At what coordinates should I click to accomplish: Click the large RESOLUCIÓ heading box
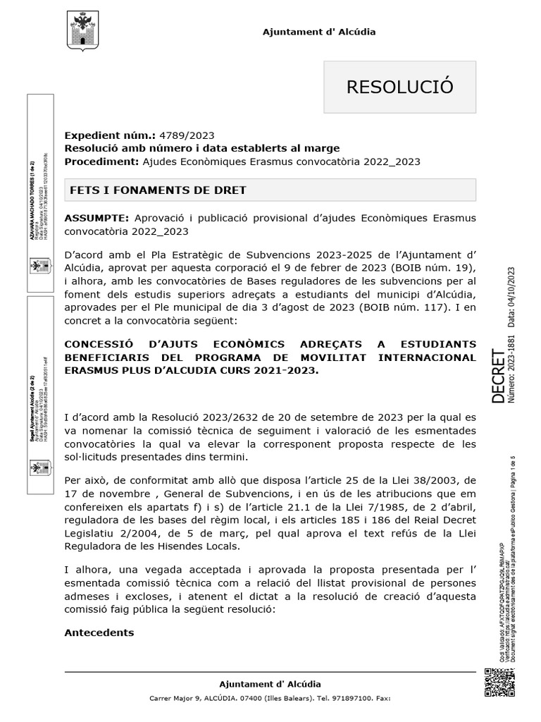[x=399, y=87]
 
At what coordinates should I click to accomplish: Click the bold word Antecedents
[x=99, y=632]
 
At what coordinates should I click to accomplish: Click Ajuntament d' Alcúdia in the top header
[x=319, y=32]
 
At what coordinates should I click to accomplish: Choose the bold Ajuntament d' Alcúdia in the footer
[x=270, y=684]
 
